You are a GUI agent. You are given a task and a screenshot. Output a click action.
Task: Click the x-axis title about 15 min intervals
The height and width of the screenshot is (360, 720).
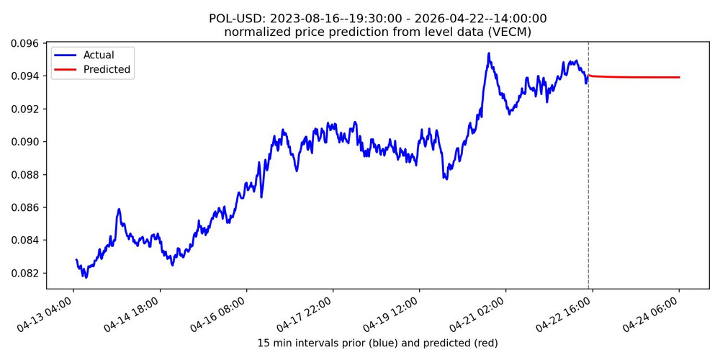pos(377,343)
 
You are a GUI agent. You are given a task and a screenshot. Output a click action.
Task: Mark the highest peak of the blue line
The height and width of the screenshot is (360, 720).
pos(489,53)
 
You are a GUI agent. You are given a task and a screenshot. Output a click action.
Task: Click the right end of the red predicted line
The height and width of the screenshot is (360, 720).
pos(679,77)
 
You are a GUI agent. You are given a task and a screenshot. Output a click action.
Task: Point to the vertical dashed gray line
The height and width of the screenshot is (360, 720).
pos(588,180)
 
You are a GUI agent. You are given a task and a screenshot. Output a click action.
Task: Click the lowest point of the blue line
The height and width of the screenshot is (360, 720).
pos(85,277)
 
